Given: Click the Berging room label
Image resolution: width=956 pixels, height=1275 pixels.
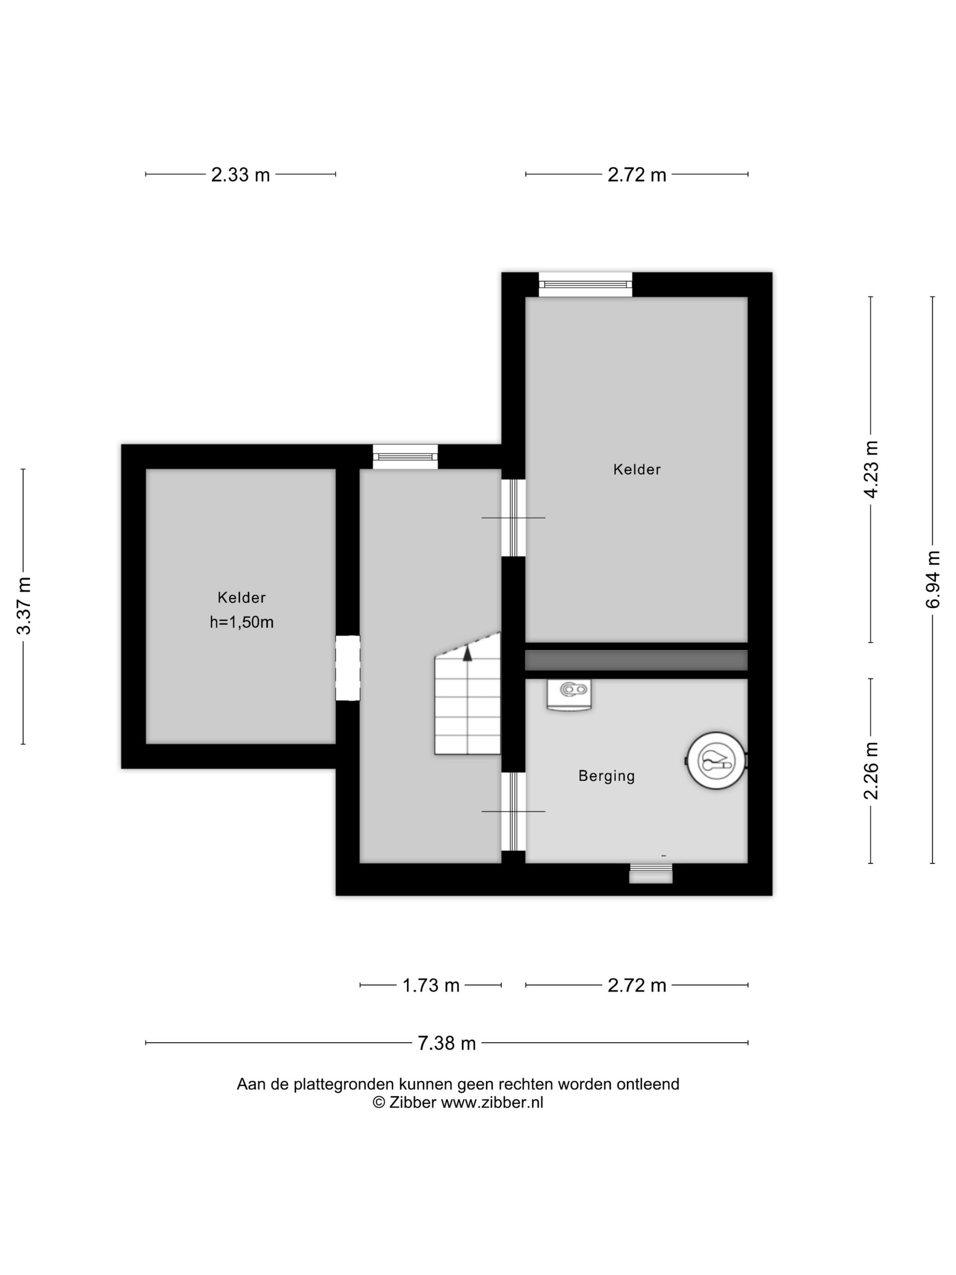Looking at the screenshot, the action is (606, 776).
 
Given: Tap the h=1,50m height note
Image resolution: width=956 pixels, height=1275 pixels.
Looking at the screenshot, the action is (241, 622).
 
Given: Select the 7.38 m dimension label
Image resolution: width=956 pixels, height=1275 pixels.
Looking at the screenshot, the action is (447, 1043).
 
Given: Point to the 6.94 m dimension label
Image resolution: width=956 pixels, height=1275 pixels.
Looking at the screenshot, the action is (933, 579).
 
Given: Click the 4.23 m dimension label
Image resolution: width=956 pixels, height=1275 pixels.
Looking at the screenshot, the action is (871, 469).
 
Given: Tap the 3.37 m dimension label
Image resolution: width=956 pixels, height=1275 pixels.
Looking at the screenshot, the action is (24, 606).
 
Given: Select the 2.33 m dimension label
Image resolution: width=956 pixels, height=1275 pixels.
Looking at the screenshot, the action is (240, 175).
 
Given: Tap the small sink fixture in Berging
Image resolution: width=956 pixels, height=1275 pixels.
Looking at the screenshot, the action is (570, 694).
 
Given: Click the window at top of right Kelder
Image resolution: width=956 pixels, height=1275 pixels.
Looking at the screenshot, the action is (585, 285).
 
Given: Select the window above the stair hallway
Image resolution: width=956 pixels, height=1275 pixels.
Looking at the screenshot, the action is (405, 457).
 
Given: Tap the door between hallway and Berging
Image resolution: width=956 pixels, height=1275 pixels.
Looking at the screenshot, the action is (513, 811).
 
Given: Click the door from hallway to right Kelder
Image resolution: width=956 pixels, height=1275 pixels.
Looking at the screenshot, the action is (513, 518).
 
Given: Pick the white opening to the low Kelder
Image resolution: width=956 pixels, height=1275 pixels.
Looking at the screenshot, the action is (348, 668).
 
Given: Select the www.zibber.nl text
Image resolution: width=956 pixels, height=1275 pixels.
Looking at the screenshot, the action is (492, 1103).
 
